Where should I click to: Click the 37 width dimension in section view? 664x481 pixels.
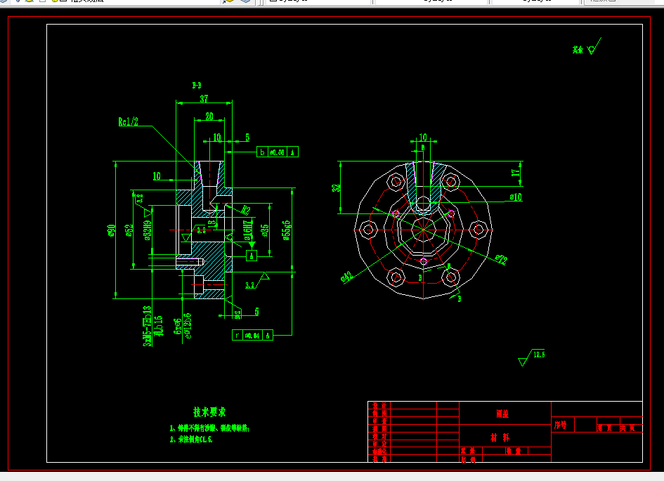pos(204,98)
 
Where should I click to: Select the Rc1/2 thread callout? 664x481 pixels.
pos(128,121)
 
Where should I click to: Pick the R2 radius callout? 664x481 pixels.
pos(246,209)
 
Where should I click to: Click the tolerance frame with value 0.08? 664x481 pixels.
pos(278,152)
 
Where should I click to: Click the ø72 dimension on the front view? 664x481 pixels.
pos(500,260)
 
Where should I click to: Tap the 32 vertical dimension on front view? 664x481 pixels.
pos(337,187)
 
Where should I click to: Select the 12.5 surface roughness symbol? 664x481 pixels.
pos(538,354)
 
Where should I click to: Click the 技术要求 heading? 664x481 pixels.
pos(209,411)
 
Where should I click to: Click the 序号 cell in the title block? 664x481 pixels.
pos(561,425)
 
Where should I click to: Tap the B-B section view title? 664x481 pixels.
pos(197,85)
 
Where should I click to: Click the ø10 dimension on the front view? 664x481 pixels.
pos(516,197)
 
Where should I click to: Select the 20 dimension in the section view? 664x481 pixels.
pos(209,117)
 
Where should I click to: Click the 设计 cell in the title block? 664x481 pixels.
pos(379,406)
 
